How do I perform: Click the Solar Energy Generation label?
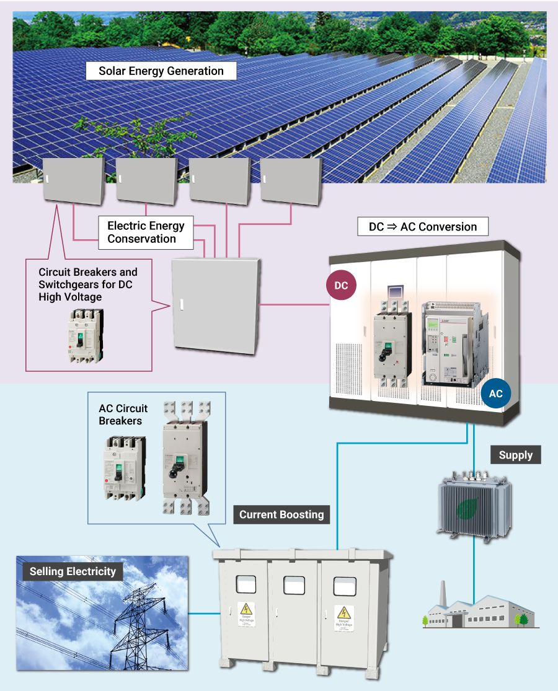coord(161,71)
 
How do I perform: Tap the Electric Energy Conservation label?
coord(146,232)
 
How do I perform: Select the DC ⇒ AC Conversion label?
coord(423,226)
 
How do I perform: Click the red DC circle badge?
coord(341,286)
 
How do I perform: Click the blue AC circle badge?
coord(495,394)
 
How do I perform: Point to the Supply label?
coord(515,455)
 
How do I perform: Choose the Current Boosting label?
coord(281,514)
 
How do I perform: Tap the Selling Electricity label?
coord(73,571)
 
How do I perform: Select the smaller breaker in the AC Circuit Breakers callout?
coord(124,467)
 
